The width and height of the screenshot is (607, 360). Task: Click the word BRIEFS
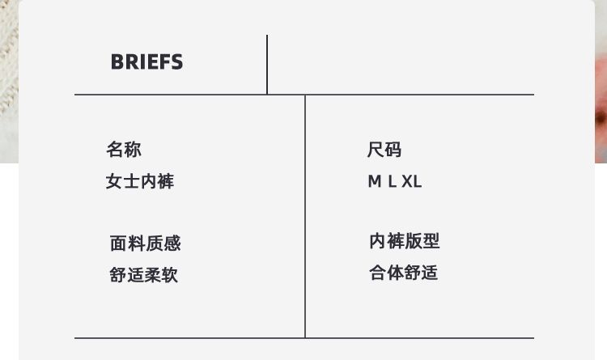pyautogui.click(x=146, y=62)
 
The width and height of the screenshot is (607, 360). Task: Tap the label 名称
pyautogui.click(x=124, y=150)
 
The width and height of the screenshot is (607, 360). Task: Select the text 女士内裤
pyautogui.click(x=139, y=181)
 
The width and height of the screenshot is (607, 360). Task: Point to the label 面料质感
pyautogui.click(x=145, y=244)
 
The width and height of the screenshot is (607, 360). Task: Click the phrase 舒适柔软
pyautogui.click(x=143, y=275)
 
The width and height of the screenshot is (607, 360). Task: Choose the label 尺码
pyautogui.click(x=384, y=150)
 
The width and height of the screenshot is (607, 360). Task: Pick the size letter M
pyautogui.click(x=375, y=182)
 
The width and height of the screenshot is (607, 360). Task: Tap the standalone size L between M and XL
pyautogui.click(x=392, y=182)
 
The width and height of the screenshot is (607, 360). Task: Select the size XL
pyautogui.click(x=412, y=182)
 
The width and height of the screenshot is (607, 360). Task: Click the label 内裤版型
pyautogui.click(x=404, y=241)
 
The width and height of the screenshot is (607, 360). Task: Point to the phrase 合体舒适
pyautogui.click(x=403, y=273)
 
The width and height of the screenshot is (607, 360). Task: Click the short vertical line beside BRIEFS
pyautogui.click(x=267, y=65)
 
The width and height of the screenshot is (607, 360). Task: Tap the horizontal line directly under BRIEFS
pyautogui.click(x=170, y=95)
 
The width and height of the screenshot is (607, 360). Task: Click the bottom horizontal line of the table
pyautogui.click(x=304, y=338)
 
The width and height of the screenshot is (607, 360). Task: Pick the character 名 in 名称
pyautogui.click(x=115, y=150)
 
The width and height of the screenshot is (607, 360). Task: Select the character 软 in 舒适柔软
pyautogui.click(x=169, y=275)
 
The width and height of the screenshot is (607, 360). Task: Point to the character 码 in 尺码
pyautogui.click(x=393, y=150)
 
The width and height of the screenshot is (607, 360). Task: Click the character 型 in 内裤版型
pyautogui.click(x=431, y=241)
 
